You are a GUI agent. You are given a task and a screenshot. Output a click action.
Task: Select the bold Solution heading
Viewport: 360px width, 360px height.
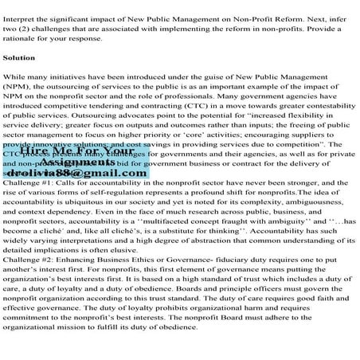point(20,58)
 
